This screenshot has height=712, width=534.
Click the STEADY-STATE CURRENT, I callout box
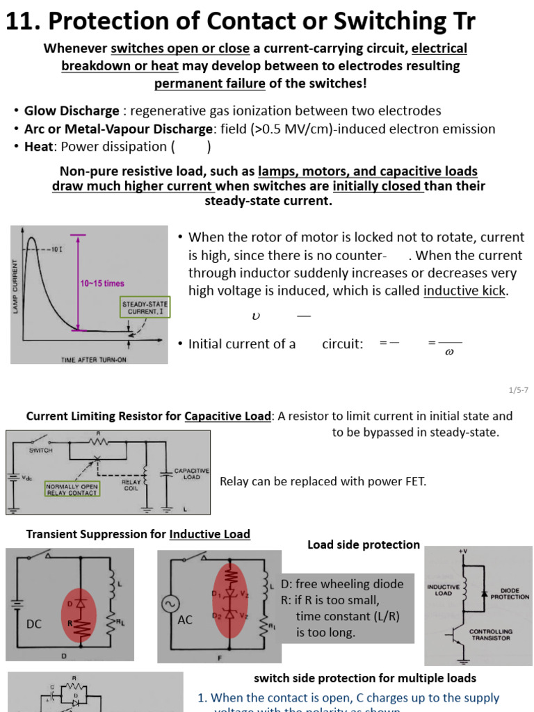pos(145,309)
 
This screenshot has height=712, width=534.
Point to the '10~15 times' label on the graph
pos(102,284)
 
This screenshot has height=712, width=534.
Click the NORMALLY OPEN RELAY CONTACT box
pos(72,489)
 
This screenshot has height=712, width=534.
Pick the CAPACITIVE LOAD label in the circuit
pos(191,474)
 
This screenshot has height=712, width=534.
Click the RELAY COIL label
pos(131,485)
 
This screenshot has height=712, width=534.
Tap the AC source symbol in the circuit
pos(170,604)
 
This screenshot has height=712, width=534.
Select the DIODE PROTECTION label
pos(510,593)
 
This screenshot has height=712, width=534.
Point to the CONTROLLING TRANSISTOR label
pos(491,635)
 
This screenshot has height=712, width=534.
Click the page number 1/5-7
pos(519,391)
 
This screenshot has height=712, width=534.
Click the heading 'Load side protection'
pos(364,545)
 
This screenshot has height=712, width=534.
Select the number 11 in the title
pos(19,22)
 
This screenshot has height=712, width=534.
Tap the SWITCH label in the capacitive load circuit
pos(41,451)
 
